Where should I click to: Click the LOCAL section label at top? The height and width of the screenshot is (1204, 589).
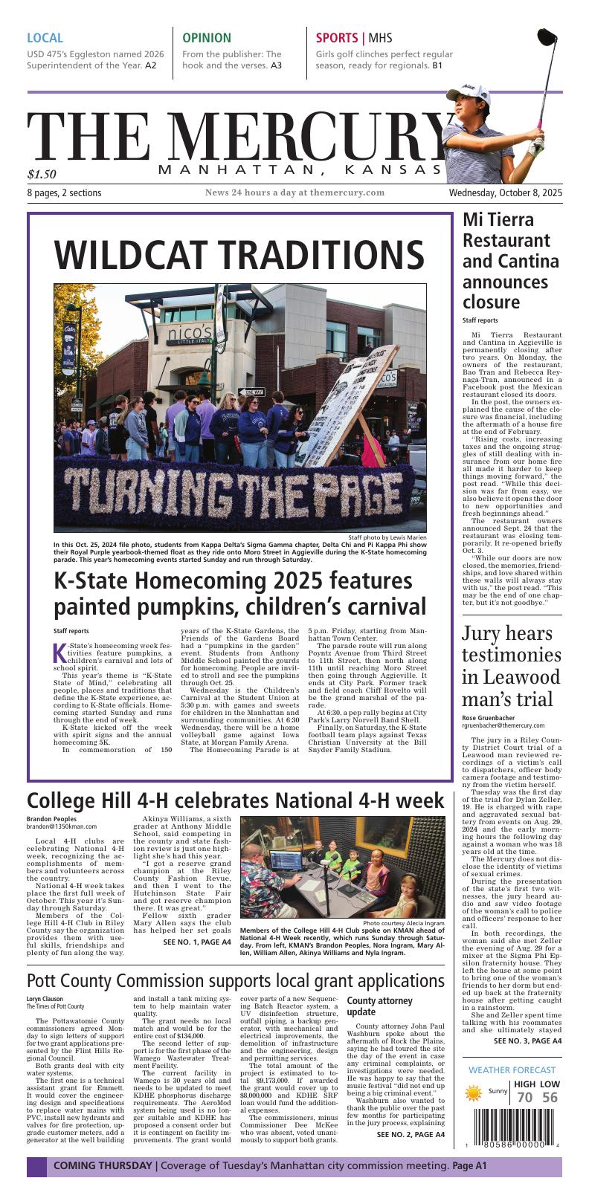[45, 38]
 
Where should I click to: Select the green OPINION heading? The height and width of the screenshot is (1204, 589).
[206, 38]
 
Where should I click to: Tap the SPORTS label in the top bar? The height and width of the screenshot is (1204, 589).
[336, 38]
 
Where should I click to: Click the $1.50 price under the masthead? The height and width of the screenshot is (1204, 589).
[42, 175]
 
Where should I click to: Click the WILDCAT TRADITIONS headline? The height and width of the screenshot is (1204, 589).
[239, 255]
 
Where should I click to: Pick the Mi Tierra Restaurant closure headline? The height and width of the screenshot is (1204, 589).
[510, 261]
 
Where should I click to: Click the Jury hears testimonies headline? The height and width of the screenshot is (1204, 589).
[511, 666]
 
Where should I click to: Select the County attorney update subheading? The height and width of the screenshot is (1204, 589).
[379, 1006]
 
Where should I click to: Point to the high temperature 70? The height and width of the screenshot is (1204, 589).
[524, 1098]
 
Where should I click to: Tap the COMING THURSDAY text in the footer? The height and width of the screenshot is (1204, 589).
[102, 1165]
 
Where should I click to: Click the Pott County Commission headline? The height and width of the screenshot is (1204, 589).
[236, 979]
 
